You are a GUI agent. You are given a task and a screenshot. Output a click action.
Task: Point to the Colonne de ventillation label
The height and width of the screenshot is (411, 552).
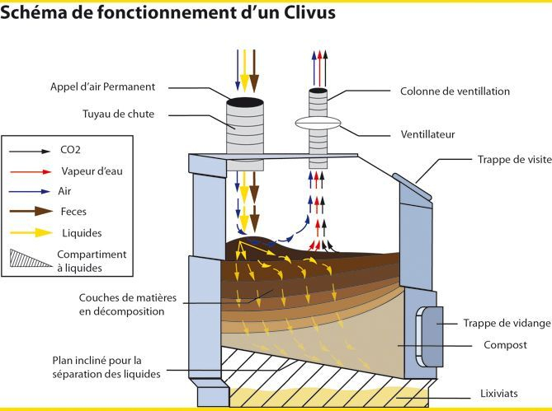[455, 91]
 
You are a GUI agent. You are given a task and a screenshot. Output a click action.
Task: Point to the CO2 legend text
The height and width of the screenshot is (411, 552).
[72, 152]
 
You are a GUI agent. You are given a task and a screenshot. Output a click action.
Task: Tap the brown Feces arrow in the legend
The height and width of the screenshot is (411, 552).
[29, 212]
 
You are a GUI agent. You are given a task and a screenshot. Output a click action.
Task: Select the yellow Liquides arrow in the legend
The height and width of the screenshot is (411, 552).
[29, 233]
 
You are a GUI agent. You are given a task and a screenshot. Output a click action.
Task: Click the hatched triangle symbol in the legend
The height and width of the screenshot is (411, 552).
[30, 258]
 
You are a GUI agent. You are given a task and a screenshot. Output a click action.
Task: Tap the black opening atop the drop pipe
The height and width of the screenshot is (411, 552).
[245, 102]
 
